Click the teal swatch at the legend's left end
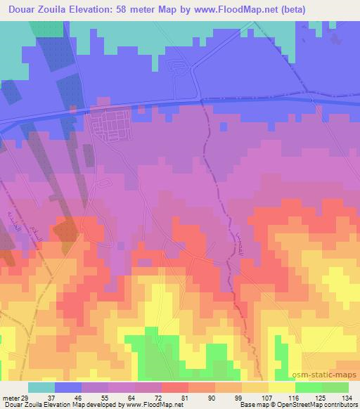coord(41,387)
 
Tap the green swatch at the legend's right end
coord(335,387)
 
